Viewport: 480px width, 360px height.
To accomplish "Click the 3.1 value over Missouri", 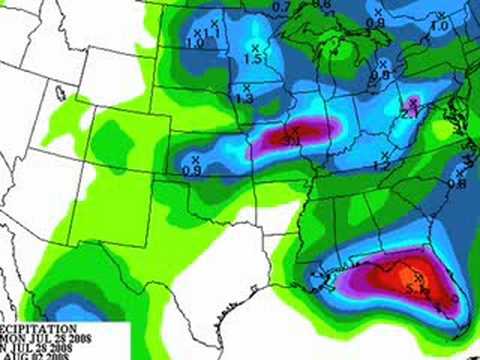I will pyautogui.click(x=294, y=140).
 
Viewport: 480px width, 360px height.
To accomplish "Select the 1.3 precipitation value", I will pyautogui.click(x=244, y=99).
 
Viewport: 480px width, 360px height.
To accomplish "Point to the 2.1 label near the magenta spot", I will pyautogui.click(x=409, y=113).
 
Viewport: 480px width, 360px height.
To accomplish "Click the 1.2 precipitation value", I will pyautogui.click(x=380, y=166).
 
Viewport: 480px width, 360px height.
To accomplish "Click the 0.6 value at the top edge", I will pyautogui.click(x=321, y=5).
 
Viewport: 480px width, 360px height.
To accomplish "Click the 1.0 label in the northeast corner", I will pyautogui.click(x=439, y=26).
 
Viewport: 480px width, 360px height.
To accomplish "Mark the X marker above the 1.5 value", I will pyautogui.click(x=254, y=47).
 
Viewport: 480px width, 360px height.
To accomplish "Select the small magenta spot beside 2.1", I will pyautogui.click(x=414, y=102).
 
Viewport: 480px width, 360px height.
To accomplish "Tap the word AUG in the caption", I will pyautogui.click(x=11, y=355).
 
